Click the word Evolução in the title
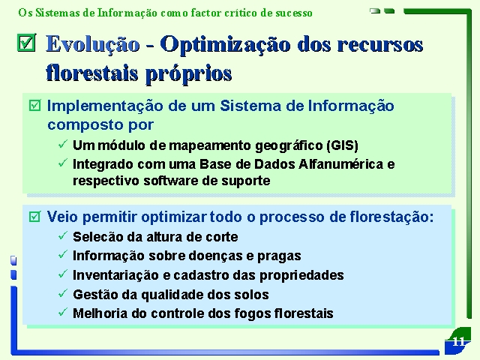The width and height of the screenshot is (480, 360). [x=93, y=44]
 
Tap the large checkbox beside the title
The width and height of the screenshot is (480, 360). [x=27, y=43]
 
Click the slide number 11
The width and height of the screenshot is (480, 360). [x=458, y=341]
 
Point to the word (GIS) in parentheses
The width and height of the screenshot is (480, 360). [x=342, y=145]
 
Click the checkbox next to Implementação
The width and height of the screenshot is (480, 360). [x=34, y=105]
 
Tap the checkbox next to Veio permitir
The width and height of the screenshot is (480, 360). [x=34, y=217]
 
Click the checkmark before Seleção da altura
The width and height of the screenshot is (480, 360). [x=63, y=235]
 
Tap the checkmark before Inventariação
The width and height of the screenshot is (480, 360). [x=63, y=274]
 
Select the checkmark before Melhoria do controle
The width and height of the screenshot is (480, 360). [x=63, y=312]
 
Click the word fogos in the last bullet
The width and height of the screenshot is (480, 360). [x=252, y=313]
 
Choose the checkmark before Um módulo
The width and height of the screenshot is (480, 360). [x=63, y=143]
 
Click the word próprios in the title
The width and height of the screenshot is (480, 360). [x=188, y=74]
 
